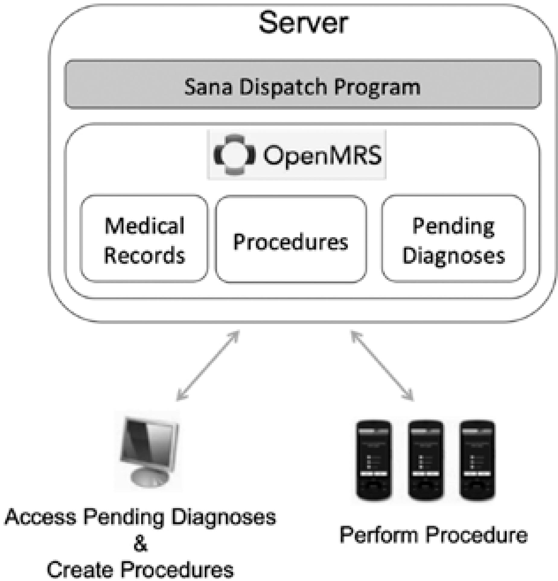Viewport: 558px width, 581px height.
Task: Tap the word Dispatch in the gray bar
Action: [283, 87]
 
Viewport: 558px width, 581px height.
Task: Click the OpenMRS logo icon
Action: [234, 154]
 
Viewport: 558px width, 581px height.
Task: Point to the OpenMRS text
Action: [322, 155]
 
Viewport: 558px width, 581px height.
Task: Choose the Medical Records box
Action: [144, 239]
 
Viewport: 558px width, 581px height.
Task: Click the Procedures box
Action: [291, 239]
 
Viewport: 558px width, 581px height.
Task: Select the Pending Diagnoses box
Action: [453, 239]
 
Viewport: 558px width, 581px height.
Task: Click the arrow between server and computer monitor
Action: [208, 365]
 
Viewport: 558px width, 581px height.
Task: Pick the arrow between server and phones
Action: [382, 365]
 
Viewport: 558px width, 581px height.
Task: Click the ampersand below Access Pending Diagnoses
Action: [140, 544]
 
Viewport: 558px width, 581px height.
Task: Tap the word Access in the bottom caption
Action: [40, 517]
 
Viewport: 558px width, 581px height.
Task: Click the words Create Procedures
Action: [140, 569]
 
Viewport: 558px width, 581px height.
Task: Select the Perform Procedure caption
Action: [433, 535]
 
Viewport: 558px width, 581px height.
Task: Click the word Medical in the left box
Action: [144, 226]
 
